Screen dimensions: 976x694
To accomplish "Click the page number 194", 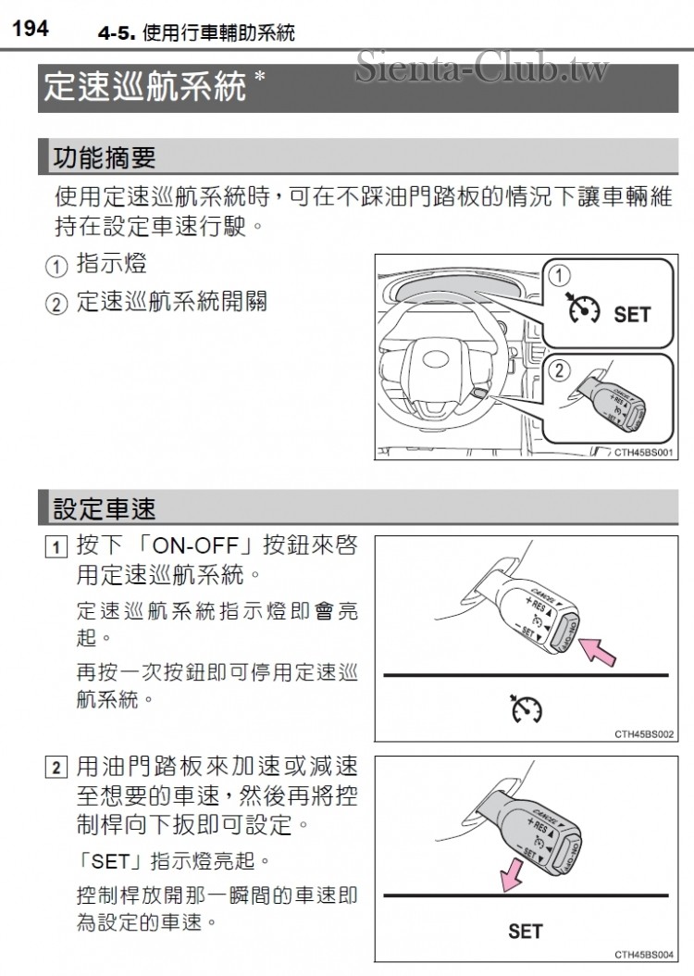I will pos(31,30).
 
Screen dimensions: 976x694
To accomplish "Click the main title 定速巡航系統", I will pos(144,87).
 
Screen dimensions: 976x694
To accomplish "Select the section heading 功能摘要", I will pos(105,157).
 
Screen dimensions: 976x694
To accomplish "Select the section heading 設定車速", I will pos(105,507).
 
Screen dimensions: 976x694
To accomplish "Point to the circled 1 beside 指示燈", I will pos(57,267).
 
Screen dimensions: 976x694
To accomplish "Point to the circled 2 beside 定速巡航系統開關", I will pos(57,304).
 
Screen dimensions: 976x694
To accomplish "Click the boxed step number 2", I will pos(57,768).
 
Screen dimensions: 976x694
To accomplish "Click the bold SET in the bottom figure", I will pos(526,931).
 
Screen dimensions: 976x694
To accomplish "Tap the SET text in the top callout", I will pos(632,315).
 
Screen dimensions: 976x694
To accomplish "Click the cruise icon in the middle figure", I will pos(526,708).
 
